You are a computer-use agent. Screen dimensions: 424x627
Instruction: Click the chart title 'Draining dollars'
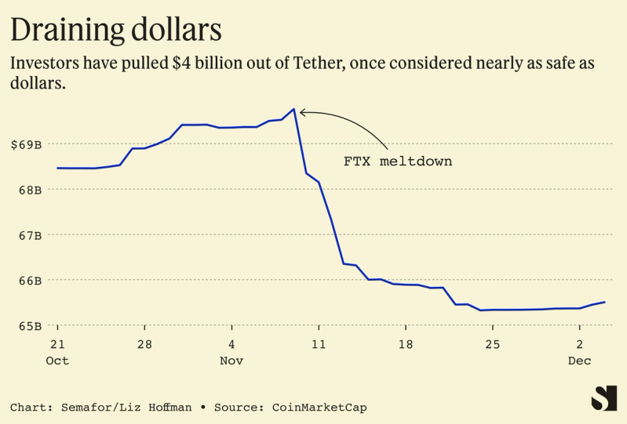coord(115,30)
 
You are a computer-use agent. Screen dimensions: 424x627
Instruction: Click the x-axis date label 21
coord(57,345)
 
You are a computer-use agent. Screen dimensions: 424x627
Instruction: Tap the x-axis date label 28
coord(144,345)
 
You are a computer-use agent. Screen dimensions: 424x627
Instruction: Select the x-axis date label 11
coord(319,345)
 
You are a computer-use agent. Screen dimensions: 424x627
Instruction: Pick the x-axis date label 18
coord(405,345)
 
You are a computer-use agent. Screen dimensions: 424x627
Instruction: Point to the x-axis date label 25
coord(492,345)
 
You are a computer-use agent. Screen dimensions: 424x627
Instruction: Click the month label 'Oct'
coord(57,361)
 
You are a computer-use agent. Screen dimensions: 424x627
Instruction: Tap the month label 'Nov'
coord(231,361)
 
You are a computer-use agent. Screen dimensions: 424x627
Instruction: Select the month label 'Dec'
coord(579,361)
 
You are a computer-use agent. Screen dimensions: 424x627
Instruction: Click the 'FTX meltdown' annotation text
coord(398,161)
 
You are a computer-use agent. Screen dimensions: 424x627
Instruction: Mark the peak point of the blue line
coord(293,109)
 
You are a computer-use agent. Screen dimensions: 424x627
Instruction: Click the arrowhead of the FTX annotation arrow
coord(302,113)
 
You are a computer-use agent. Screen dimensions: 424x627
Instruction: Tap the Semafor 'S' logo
coord(603,398)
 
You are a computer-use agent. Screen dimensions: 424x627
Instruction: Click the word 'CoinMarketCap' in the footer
coord(319,408)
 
